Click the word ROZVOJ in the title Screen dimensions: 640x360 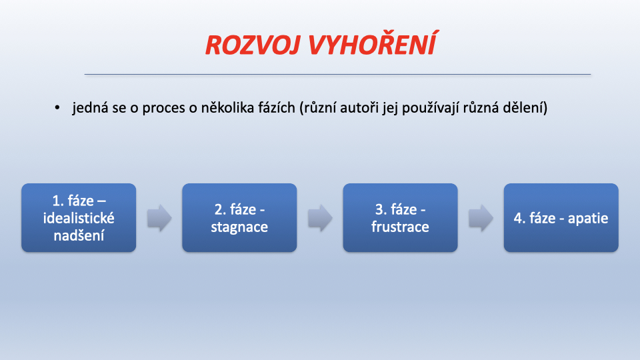253,45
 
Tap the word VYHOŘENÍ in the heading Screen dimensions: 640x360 373,43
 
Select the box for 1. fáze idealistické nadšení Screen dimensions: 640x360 79,217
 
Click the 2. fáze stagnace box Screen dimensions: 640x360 239,217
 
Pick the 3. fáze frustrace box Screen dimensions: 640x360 401,217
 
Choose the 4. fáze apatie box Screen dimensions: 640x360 561,217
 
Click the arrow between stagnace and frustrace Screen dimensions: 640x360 320,218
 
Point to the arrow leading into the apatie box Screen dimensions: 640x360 481,218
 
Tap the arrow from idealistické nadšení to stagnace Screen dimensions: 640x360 159,218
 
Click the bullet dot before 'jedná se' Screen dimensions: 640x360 57,108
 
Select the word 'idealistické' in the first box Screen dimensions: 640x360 79,218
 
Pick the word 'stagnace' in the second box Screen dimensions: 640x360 239,227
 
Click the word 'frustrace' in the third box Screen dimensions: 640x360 401,227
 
